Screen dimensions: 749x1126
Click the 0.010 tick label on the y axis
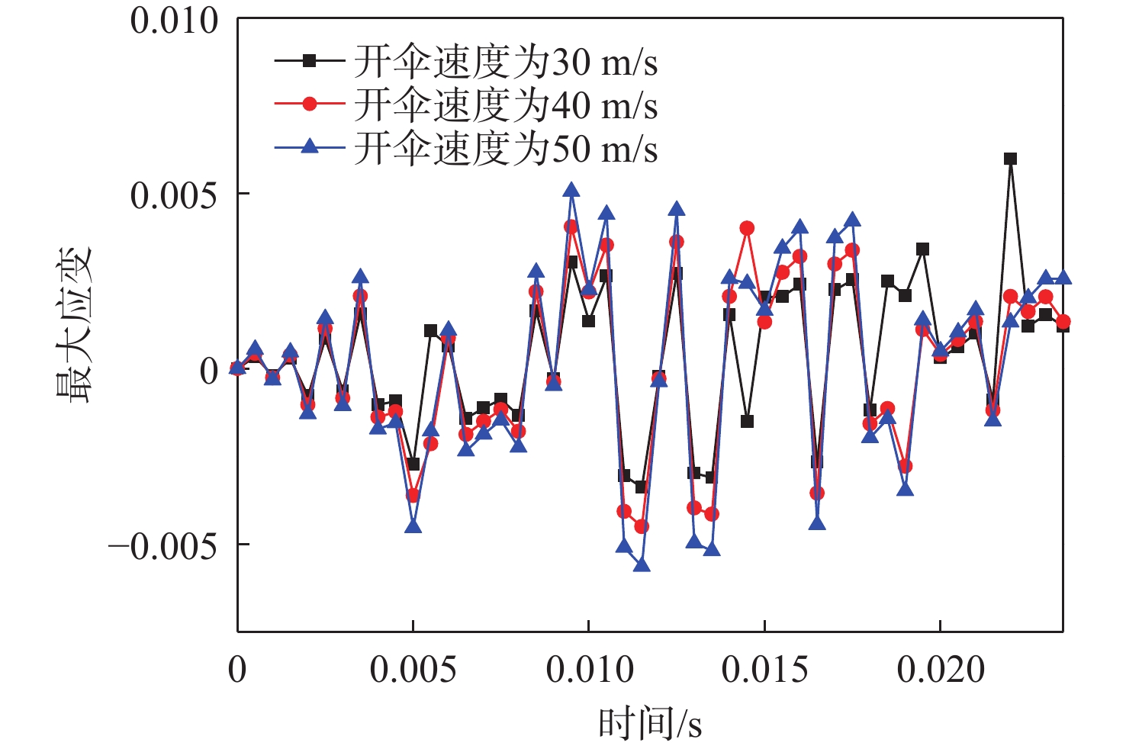click(174, 21)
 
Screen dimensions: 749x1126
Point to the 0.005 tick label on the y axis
click(174, 196)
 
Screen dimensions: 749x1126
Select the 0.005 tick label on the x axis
click(413, 670)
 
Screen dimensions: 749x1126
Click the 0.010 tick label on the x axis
click(589, 670)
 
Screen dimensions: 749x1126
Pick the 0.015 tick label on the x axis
click(764, 670)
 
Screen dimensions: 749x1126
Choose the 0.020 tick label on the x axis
click(941, 670)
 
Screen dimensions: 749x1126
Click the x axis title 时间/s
click(649, 723)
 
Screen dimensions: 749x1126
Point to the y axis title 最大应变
click(74, 324)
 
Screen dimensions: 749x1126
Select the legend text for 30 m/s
click(505, 62)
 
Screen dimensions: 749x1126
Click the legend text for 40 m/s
click(505, 105)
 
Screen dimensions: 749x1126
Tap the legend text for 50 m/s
click(505, 149)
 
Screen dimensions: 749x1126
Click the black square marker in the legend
click(309, 61)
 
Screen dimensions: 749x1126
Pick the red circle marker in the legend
click(309, 104)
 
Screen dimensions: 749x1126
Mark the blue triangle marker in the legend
click(309, 146)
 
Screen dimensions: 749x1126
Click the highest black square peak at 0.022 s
click(1010, 159)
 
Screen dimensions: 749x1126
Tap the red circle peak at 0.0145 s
click(747, 228)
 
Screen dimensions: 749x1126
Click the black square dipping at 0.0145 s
click(747, 421)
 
